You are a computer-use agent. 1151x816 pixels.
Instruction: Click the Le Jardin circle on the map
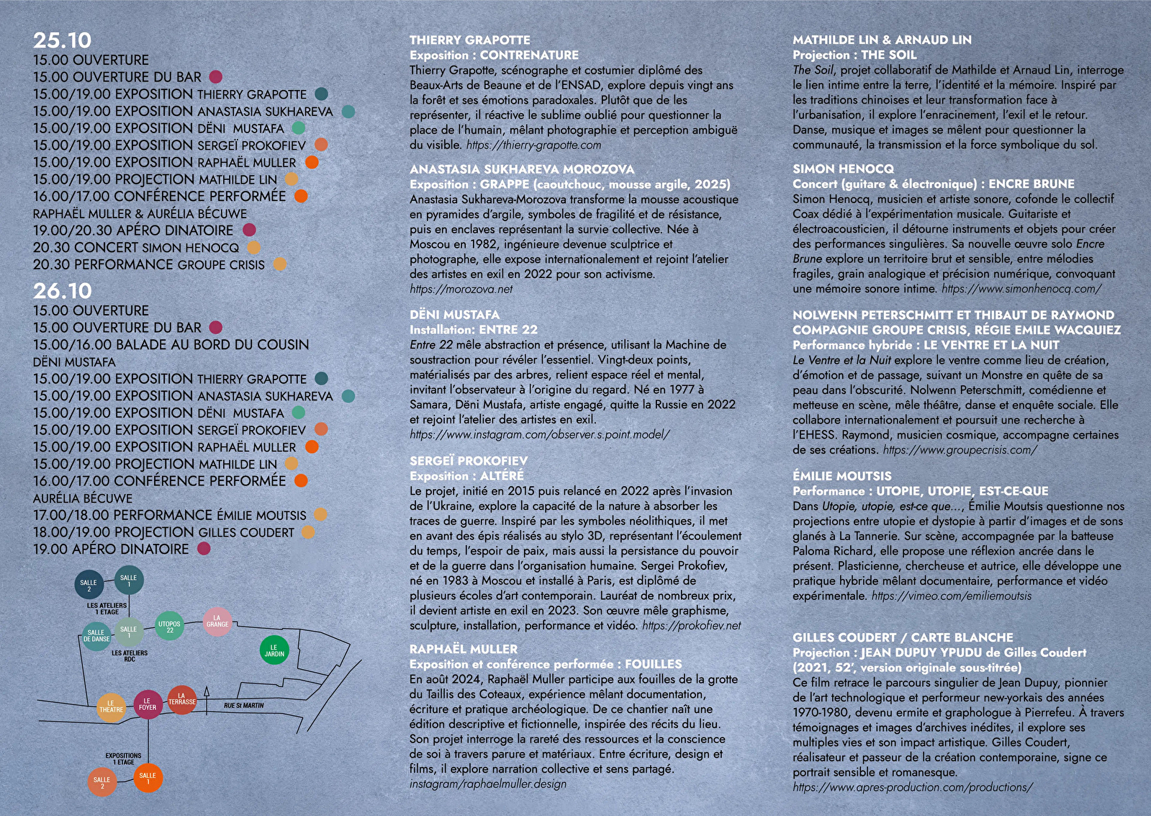[x=274, y=650]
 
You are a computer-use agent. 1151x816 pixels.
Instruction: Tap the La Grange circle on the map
[x=217, y=621]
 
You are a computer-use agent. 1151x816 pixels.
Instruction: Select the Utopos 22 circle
[x=170, y=627]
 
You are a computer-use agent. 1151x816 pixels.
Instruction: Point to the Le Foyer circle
[x=148, y=704]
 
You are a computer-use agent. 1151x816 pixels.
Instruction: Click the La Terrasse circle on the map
[x=181, y=699]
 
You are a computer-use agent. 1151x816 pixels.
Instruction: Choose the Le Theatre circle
[x=111, y=706]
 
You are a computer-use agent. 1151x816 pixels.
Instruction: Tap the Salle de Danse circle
[x=96, y=636]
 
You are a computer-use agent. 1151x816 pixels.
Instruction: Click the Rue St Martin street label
[x=243, y=706]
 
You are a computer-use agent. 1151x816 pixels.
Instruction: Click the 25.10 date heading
[x=63, y=40]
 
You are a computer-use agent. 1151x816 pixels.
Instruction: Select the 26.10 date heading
[x=63, y=291]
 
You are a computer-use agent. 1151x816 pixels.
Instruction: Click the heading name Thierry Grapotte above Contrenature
[x=469, y=40]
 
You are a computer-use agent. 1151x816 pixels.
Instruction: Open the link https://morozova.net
[x=461, y=289]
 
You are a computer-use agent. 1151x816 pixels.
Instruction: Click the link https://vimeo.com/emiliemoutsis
[x=951, y=596]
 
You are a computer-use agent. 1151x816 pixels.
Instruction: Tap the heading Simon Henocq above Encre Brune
[x=843, y=169]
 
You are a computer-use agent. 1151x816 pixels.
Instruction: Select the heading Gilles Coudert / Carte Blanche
[x=903, y=637]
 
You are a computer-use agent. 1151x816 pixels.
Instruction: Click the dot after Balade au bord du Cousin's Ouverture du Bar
[x=215, y=328]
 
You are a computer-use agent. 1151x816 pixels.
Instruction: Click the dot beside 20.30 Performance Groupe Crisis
[x=279, y=264]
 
